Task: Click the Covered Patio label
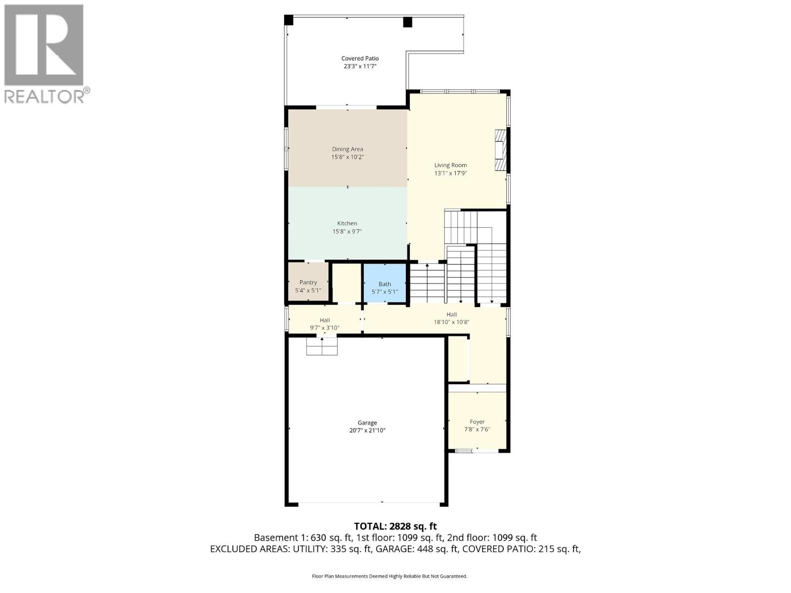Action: [360, 58]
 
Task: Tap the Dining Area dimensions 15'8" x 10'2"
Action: [348, 157]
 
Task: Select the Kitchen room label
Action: [347, 223]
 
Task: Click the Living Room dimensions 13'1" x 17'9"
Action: [450, 173]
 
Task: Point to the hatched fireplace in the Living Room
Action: [501, 150]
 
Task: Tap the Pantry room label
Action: [308, 282]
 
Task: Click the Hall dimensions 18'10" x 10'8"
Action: [451, 322]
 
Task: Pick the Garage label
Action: [367, 423]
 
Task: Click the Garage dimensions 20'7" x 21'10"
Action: [367, 430]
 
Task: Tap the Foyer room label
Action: [477, 422]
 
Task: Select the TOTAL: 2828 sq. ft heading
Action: [395, 526]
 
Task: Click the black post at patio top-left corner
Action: [289, 20]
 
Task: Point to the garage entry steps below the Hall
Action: [322, 345]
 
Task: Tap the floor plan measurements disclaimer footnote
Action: [390, 576]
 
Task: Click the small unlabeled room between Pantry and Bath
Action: [346, 282]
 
